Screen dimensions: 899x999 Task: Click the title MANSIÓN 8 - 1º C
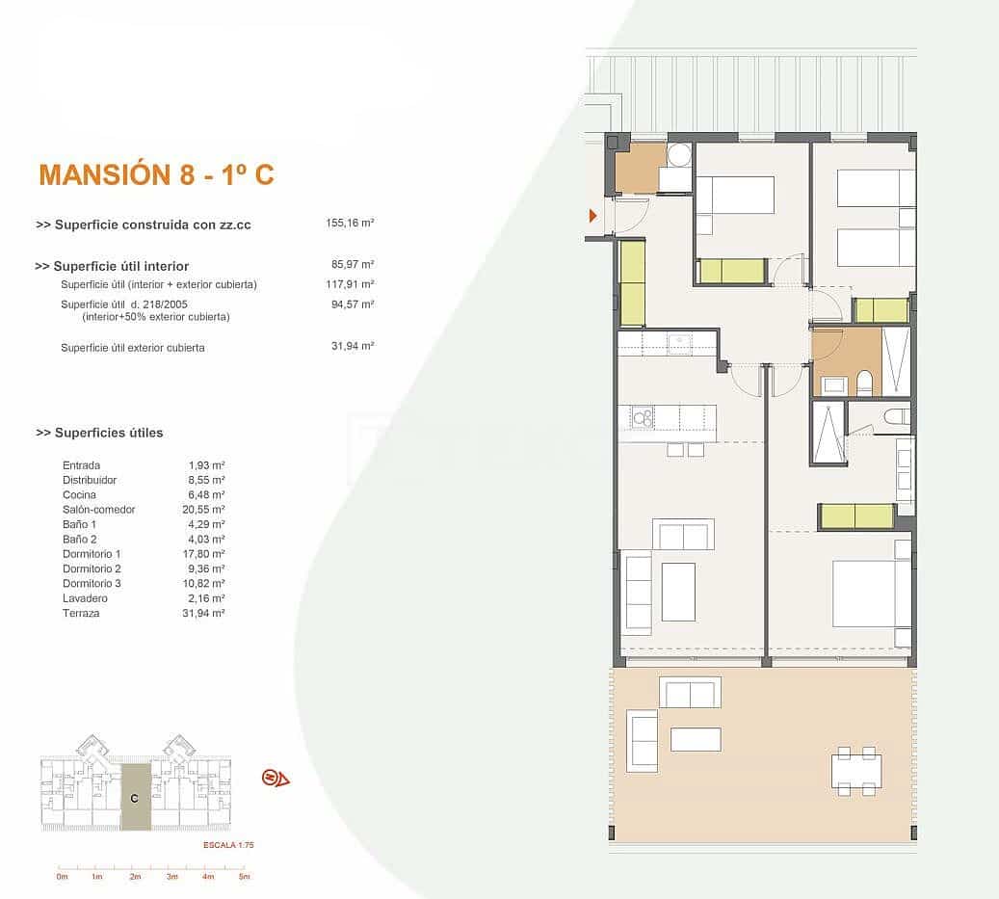pos(156,174)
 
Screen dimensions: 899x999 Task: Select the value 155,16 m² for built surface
pos(350,223)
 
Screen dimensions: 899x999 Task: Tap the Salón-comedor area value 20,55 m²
pos(206,509)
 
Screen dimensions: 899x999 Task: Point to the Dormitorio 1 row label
pos(92,554)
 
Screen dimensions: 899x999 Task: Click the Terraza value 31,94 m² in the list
pos(206,613)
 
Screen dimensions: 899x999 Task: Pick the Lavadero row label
pos(84,598)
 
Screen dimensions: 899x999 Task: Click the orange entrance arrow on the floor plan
pos(592,216)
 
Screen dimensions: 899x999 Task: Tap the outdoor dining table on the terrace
pos(856,771)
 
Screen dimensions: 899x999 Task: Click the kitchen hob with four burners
pos(642,417)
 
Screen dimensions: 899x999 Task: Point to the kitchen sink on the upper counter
pos(680,340)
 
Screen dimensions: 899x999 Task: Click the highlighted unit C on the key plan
pos(135,798)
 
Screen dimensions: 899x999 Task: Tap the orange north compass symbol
pos(276,778)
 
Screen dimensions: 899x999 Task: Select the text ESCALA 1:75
pos(227,844)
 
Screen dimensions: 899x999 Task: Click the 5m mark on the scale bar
pos(245,877)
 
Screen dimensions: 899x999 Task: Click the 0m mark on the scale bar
pos(63,877)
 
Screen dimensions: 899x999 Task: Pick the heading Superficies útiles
pos(99,433)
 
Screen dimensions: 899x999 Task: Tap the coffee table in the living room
pos(678,592)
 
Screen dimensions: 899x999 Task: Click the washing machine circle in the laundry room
pos(679,155)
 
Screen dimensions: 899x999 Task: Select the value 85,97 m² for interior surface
pos(352,264)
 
